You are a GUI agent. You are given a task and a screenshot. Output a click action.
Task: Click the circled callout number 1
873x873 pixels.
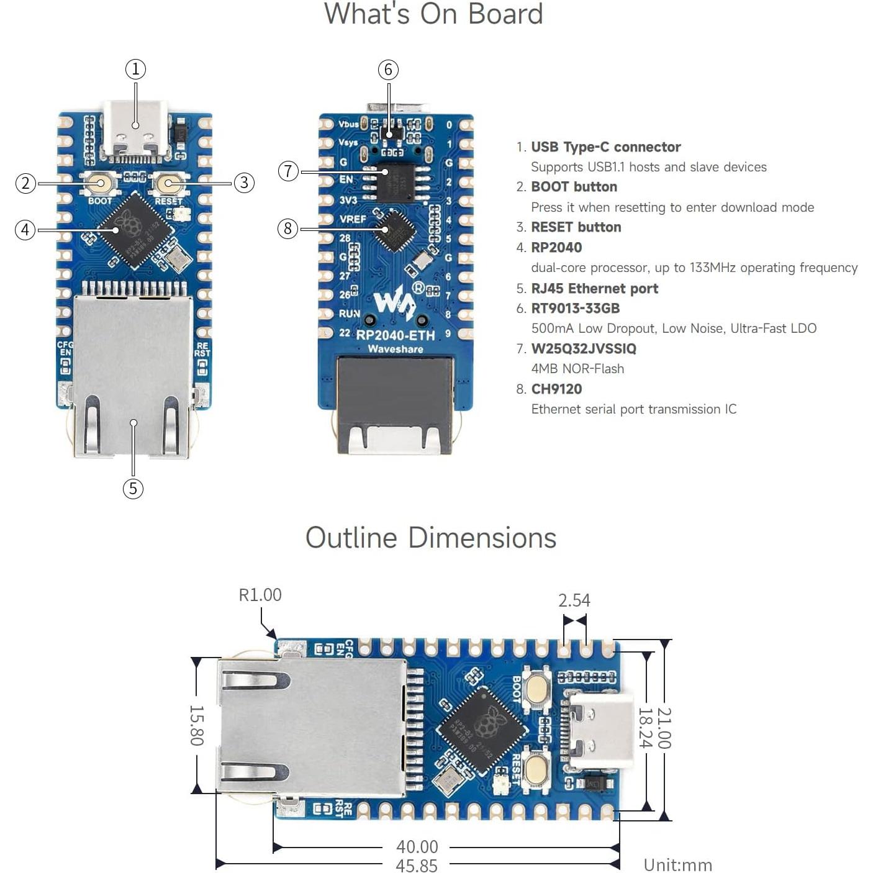[135, 69]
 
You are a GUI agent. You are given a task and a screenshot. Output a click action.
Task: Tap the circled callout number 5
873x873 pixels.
[133, 489]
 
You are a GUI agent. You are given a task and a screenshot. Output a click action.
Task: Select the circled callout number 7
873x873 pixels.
[288, 171]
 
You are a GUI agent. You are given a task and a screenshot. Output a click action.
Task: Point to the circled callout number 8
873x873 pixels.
[287, 228]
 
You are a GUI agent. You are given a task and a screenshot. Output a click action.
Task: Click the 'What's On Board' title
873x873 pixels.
[433, 14]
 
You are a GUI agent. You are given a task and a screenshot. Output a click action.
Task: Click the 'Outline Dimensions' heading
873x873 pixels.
[431, 538]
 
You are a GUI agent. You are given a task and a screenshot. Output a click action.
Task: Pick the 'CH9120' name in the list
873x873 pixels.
[556, 389]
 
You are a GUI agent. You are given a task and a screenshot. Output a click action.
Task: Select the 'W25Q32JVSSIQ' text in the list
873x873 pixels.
[584, 349]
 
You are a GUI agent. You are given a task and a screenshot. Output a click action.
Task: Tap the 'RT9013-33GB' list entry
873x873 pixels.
[575, 309]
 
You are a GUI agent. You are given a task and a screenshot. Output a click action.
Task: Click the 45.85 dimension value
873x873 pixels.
[417, 866]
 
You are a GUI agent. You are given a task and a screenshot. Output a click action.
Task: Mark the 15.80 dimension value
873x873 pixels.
[196, 725]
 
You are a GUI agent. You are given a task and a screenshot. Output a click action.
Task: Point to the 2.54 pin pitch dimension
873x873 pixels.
[574, 600]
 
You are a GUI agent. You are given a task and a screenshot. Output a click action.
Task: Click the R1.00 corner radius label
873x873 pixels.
[260, 595]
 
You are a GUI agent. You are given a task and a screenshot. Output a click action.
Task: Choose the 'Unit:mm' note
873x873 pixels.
[677, 865]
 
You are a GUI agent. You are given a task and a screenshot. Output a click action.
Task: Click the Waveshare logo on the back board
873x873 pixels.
[395, 303]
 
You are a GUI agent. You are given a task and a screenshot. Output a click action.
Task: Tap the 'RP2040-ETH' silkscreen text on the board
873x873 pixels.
[396, 335]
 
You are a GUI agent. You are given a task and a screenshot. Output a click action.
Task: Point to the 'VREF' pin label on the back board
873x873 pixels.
[352, 219]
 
